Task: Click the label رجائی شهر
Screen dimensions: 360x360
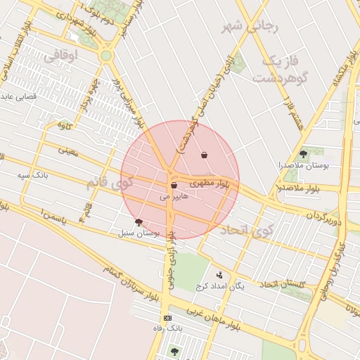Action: (x=251, y=27)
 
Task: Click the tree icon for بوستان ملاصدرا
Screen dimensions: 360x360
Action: (x=303, y=153)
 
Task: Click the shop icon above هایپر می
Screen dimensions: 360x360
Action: (x=173, y=186)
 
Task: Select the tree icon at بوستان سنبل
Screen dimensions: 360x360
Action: (x=139, y=221)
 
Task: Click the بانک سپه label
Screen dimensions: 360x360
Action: (x=33, y=172)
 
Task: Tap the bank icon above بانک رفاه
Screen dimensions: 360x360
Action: (x=167, y=319)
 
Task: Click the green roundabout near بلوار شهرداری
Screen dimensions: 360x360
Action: (x=105, y=56)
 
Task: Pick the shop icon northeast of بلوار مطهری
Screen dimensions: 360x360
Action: (x=204, y=155)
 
